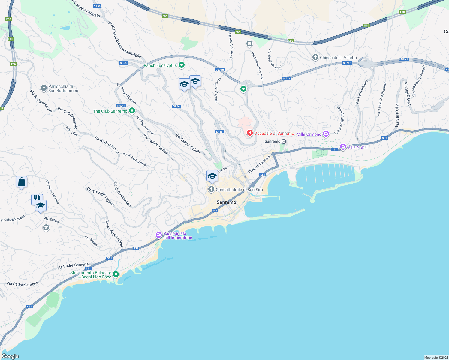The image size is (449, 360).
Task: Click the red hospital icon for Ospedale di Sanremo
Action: tap(249, 133)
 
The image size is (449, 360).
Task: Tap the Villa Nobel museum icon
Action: tap(343, 147)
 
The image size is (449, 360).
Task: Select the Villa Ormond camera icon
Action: tap(326, 134)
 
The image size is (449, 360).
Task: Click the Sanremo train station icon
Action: tap(284, 141)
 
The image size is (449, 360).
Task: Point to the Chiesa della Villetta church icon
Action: tap(315, 57)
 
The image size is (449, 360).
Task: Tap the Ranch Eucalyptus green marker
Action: tap(181, 65)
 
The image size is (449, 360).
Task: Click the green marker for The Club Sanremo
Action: tap(132, 111)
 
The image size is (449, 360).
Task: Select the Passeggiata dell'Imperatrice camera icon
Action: tap(159, 235)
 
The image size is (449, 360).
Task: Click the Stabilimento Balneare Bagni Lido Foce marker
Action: tap(116, 274)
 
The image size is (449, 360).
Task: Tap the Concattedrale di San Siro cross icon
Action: tap(211, 189)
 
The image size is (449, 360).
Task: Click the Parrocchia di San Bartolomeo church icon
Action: tap(44, 88)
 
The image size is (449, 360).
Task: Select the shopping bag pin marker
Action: tap(22, 182)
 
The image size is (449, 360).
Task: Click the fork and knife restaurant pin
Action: tap(36, 199)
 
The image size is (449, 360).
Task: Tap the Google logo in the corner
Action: tap(10, 356)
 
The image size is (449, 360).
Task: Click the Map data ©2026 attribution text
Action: tap(436, 358)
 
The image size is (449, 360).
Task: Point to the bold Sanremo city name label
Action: tap(226, 202)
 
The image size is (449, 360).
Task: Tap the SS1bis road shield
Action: tap(404, 59)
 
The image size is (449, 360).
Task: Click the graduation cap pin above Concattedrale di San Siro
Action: tap(212, 176)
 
